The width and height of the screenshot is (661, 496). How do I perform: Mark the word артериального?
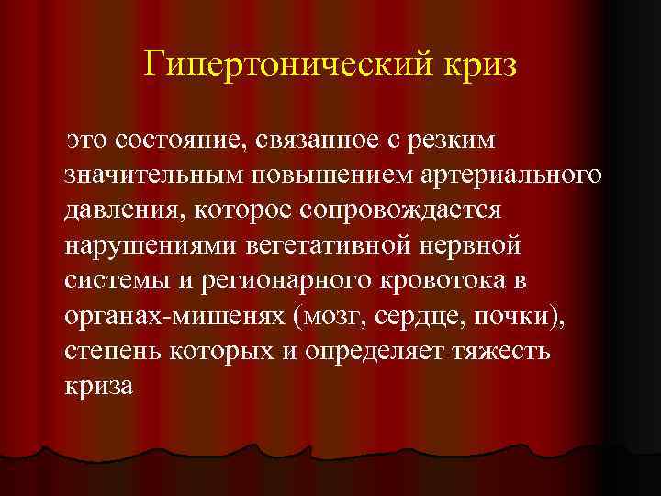(x=504, y=175)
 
